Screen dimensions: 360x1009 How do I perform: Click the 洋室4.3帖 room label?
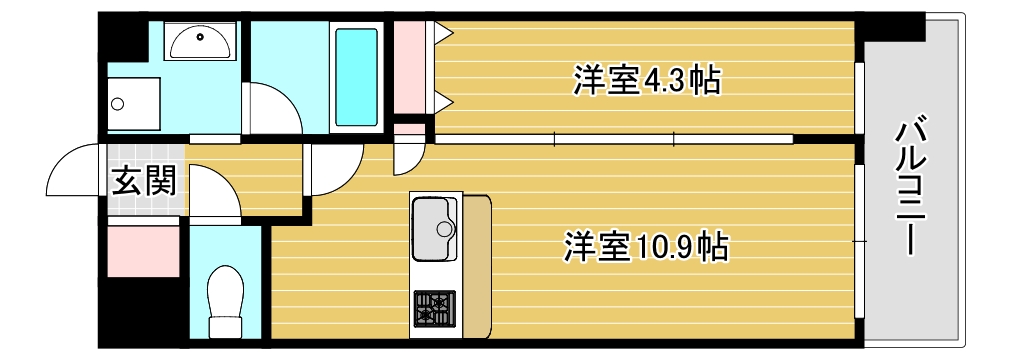(647, 80)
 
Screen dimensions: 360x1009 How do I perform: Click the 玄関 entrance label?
(144, 181)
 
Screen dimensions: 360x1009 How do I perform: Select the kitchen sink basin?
(435, 229)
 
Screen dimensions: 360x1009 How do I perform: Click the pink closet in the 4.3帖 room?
(409, 65)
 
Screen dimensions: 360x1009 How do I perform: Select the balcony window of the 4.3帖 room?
(859, 97)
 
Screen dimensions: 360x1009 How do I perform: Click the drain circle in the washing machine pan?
(117, 102)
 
